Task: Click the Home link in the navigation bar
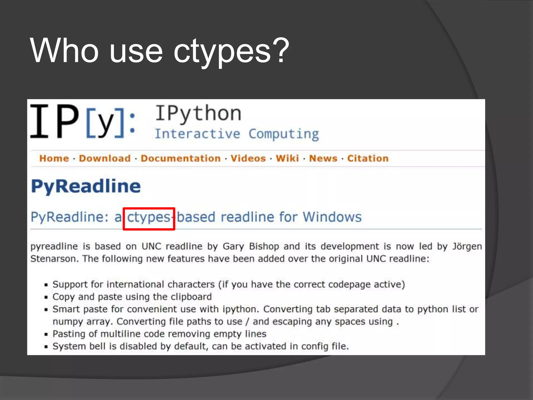pyautogui.click(x=54, y=158)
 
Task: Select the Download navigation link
pyautogui.click(x=105, y=158)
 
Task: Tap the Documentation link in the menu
pyautogui.click(x=181, y=158)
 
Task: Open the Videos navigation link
pyautogui.click(x=248, y=158)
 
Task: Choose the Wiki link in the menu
pyautogui.click(x=287, y=158)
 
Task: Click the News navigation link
pyautogui.click(x=323, y=158)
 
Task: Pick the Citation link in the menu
pyautogui.click(x=368, y=158)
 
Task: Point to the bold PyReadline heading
pyautogui.click(x=86, y=186)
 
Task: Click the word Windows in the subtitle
pyautogui.click(x=332, y=217)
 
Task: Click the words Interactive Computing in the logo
pyautogui.click(x=237, y=134)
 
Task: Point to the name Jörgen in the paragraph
pyautogui.click(x=467, y=247)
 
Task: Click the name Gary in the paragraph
pyautogui.click(x=233, y=247)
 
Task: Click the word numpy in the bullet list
pyautogui.click(x=67, y=322)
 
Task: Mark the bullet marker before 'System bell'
pyautogui.click(x=46, y=347)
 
